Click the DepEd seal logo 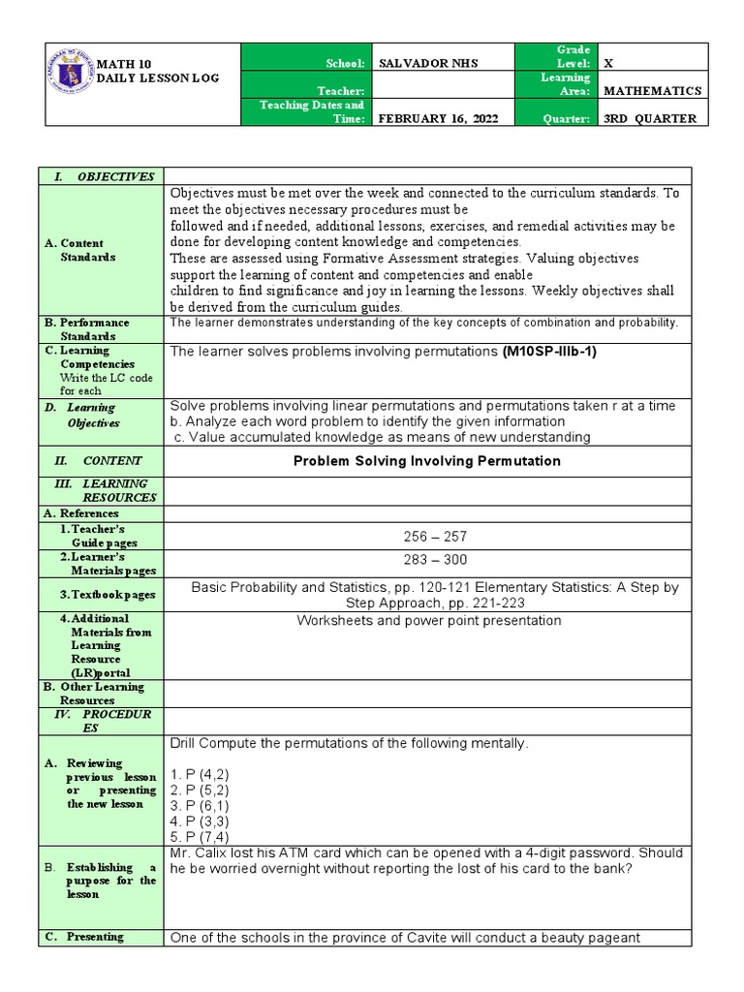(69, 70)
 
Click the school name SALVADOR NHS (427, 63)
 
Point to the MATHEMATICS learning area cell (652, 91)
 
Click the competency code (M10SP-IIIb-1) (549, 352)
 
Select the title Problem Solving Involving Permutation (426, 461)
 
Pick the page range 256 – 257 (427, 537)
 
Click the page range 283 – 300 (427, 560)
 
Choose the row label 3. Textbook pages (107, 594)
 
